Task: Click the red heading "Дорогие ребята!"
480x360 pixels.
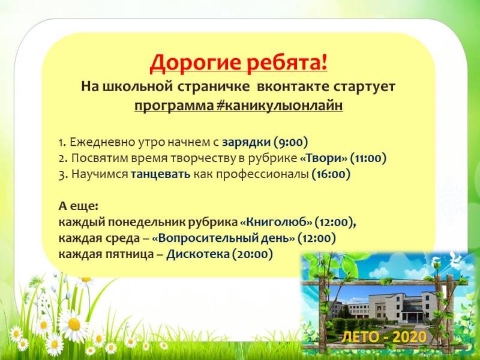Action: click(x=239, y=62)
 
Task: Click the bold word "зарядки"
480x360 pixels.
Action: click(x=246, y=143)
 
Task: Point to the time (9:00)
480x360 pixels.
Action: click(x=290, y=143)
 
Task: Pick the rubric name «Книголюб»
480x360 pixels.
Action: click(x=268, y=222)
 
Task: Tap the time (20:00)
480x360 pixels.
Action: click(x=253, y=254)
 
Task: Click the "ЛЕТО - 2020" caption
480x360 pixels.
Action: click(x=384, y=337)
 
